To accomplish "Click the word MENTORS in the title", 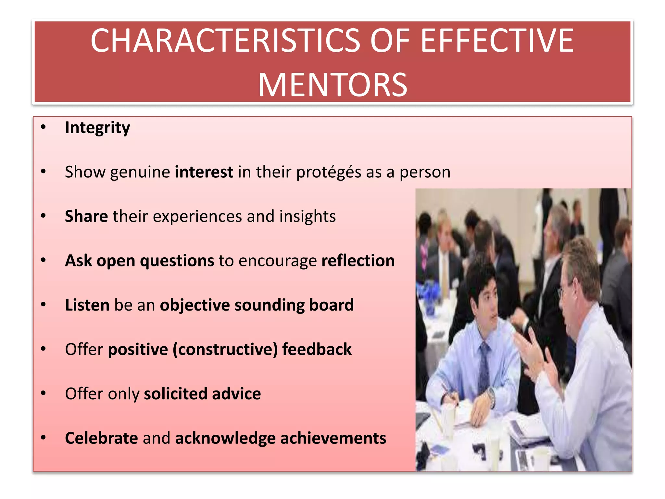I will click(x=332, y=85).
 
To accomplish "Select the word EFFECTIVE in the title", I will click(x=497, y=41).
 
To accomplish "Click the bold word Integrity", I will click(x=97, y=128).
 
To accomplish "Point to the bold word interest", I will click(x=204, y=172).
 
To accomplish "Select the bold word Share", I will click(x=86, y=216).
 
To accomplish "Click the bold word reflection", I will click(x=358, y=261).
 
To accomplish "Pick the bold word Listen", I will click(x=87, y=305).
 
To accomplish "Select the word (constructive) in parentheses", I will click(x=225, y=350).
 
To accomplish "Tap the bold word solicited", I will click(x=175, y=394).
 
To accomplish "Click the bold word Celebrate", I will click(x=101, y=438).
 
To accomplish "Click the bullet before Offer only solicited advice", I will click(x=44, y=394).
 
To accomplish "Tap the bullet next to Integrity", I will click(x=44, y=128).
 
